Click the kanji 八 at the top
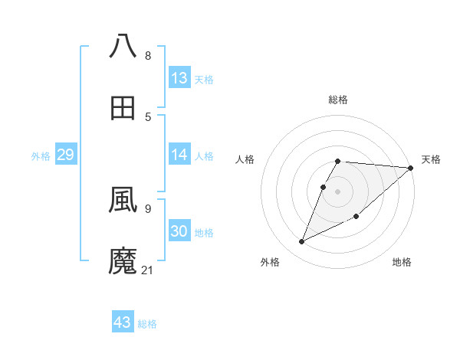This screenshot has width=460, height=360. click(123, 47)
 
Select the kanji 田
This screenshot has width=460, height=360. click(123, 107)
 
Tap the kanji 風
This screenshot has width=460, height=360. click(123, 200)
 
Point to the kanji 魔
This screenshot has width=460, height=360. click(123, 260)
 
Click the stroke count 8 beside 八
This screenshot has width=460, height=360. click(148, 56)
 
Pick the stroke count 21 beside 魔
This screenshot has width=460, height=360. click(148, 270)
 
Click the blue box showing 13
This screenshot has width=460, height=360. click(179, 78)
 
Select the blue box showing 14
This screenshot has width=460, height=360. click(179, 155)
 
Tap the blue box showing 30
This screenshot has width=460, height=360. click(179, 231)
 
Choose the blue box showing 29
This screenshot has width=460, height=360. click(65, 155)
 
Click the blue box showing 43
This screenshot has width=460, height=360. click(123, 322)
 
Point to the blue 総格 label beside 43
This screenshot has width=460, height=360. click(147, 324)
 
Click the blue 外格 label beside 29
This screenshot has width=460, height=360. click(41, 156)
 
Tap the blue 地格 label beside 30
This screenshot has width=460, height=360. click(204, 233)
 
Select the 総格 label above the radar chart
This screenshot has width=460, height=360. click(338, 100)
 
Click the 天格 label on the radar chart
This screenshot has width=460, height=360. click(431, 159)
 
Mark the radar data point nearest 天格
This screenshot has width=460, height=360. click(411, 168)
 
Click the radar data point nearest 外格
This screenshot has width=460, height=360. click(301, 242)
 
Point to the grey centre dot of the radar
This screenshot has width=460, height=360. click(338, 191)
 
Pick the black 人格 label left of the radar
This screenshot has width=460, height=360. click(245, 159)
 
